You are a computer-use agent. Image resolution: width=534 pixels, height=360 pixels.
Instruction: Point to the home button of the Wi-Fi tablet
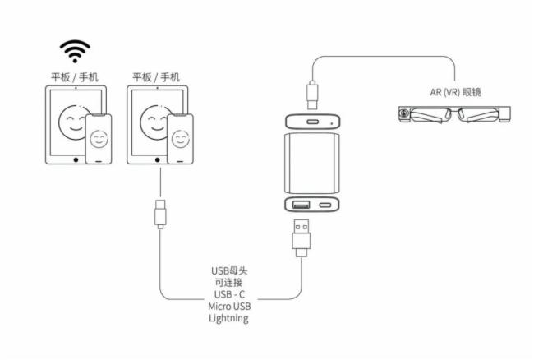(x=76, y=156)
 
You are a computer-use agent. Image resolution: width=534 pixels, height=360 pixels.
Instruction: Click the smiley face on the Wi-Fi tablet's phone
(x=99, y=136)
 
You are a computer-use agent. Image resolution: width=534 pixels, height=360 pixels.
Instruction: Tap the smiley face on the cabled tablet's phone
(x=180, y=136)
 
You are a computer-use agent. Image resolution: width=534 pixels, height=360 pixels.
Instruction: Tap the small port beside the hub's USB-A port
(x=325, y=205)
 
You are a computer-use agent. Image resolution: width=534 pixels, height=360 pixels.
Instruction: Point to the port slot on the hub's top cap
(x=314, y=122)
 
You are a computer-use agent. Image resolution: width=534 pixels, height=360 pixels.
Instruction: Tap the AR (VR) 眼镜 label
(x=455, y=91)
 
